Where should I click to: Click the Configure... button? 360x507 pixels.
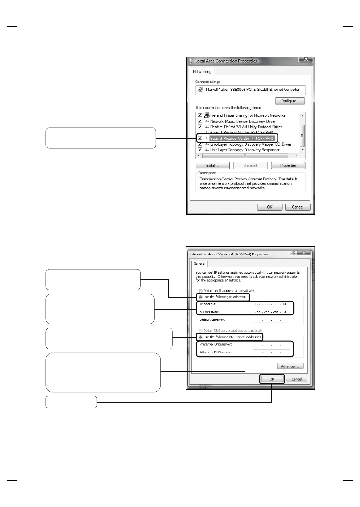coord(290,101)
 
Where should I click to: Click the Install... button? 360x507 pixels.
coord(213,165)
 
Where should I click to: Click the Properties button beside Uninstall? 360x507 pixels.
coord(288,165)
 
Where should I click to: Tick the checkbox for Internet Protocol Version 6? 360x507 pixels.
coord(200,133)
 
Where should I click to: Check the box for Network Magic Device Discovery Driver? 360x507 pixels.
coord(200,121)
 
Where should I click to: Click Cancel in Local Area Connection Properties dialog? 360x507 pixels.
coord(297,207)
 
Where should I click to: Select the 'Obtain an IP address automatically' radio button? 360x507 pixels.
coord(201,291)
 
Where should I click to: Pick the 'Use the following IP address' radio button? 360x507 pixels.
coord(201,297)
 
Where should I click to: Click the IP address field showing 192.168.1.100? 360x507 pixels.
coord(271,304)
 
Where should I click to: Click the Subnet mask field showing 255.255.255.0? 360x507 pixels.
coord(271,311)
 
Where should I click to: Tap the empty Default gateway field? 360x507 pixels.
coord(271,319)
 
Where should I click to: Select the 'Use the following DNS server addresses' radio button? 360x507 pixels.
coord(201,337)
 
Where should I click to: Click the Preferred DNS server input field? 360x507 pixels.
coord(271,345)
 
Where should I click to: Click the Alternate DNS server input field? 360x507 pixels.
coord(271,352)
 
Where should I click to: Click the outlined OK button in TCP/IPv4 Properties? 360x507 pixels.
coord(272,379)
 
